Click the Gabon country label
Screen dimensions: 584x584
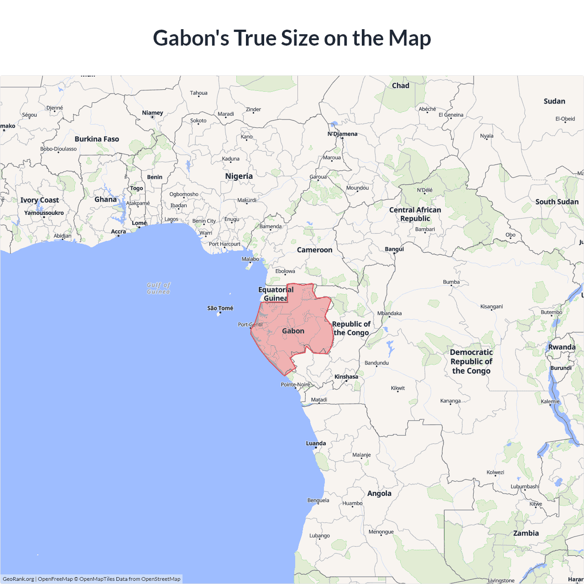(x=293, y=331)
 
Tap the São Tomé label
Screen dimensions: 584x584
(x=220, y=308)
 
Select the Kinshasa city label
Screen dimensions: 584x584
(x=346, y=377)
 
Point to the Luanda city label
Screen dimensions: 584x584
(x=316, y=443)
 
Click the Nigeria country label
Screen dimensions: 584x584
(x=239, y=176)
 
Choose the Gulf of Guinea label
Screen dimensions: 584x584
(x=158, y=288)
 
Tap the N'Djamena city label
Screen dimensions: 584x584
(x=342, y=134)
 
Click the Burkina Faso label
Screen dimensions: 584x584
(x=97, y=139)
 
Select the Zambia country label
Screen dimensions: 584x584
(x=526, y=533)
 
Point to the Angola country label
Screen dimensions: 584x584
(x=379, y=493)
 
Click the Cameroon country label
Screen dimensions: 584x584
(x=314, y=250)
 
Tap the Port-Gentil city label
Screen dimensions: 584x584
(x=250, y=325)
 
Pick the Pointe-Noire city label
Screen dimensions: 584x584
(x=295, y=385)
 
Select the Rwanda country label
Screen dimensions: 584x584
(x=562, y=347)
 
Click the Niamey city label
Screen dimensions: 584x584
(x=152, y=113)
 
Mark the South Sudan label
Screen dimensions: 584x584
(x=557, y=202)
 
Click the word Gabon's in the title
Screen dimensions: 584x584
(x=191, y=38)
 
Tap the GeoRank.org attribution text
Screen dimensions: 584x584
(x=18, y=579)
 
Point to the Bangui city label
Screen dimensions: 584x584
(x=394, y=249)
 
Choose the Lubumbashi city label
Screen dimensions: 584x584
(x=525, y=486)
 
